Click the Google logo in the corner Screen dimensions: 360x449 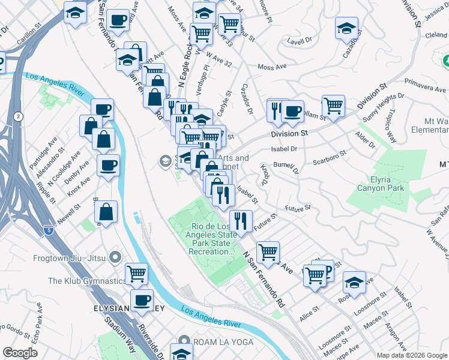[20, 353]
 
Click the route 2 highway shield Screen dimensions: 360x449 [20, 116]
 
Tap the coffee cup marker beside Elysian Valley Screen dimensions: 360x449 [142, 300]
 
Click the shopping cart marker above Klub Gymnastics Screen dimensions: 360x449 [137, 274]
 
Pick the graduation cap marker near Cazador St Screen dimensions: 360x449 [346, 28]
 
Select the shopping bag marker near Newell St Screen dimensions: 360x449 [106, 212]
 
